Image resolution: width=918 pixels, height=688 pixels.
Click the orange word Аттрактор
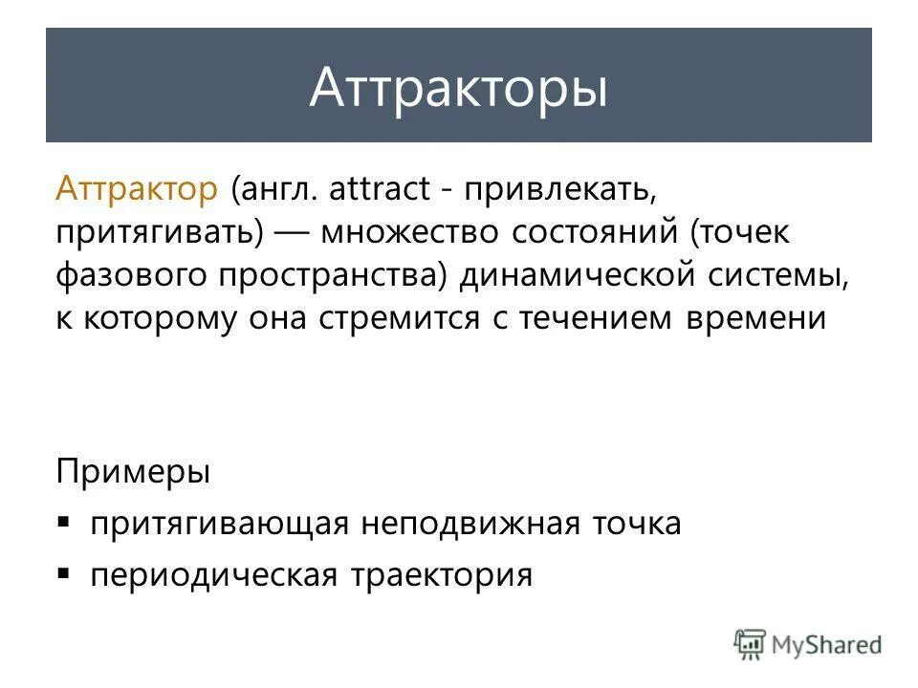[137, 188]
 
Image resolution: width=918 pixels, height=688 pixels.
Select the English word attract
[380, 188]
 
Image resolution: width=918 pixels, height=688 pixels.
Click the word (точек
[741, 232]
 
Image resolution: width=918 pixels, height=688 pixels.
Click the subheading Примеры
[132, 473]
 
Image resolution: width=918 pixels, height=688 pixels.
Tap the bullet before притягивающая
[64, 523]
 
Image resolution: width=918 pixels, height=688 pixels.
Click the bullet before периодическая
[64, 574]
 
